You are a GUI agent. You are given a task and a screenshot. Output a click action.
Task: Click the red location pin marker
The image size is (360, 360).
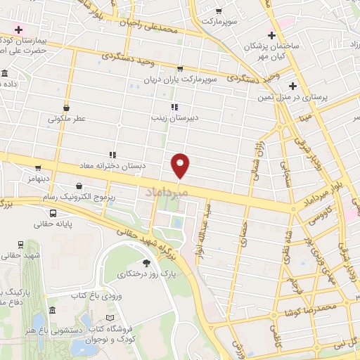tap(181, 165)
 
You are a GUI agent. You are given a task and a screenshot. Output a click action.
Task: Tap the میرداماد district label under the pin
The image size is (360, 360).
tap(167, 191)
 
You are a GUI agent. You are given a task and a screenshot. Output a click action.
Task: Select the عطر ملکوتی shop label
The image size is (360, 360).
tap(67, 119)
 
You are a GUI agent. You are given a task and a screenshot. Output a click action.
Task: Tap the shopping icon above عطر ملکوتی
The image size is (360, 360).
tap(66, 108)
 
